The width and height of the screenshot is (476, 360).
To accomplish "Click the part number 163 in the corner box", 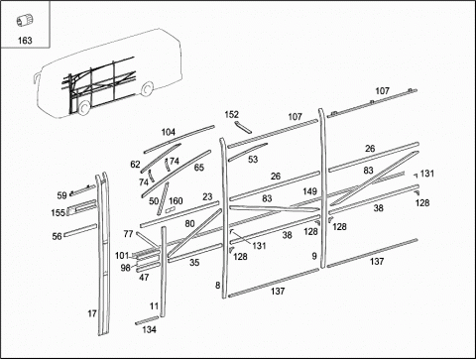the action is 25,41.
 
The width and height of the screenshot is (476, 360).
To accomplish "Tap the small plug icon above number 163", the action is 24,21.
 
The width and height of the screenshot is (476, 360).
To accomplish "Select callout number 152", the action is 231,114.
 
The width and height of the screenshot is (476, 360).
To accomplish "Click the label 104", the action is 168,132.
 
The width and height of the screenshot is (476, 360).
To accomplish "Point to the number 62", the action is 135,164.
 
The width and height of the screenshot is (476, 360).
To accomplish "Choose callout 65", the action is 199,168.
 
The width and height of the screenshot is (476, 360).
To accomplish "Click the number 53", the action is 253,160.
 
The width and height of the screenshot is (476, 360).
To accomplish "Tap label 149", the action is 309,191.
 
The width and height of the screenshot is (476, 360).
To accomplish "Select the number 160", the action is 176,200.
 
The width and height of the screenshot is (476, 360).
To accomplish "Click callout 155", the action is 58,212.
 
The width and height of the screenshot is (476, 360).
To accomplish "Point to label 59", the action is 61,195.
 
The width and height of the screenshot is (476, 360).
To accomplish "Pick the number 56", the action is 57,236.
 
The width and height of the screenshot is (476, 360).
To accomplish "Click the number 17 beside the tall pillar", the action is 92,313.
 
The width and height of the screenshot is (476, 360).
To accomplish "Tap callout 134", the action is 149,329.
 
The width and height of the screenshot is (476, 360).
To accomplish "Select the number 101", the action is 122,256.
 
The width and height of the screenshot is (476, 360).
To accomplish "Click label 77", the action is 128,234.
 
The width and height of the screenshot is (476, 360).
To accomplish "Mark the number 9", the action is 314,256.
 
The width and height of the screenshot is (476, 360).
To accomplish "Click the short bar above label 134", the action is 147,320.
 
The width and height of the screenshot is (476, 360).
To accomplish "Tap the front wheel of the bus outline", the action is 83,107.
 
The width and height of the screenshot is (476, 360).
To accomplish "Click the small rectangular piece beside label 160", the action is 170,210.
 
